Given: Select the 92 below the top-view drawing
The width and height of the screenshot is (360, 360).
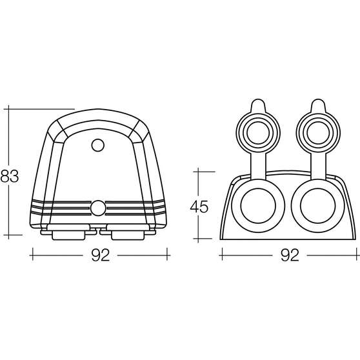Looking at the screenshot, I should coord(98,255).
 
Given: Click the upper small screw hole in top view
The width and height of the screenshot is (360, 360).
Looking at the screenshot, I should coord(98,145).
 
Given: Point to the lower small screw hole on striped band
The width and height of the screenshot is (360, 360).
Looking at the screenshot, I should coord(98,207).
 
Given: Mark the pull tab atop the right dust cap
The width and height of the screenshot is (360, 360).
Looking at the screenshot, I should coord(317,105).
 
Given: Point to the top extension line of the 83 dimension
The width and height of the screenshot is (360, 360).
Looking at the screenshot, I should coord(39,108).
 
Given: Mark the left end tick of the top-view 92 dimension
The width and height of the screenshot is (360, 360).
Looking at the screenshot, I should coord(32,255).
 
